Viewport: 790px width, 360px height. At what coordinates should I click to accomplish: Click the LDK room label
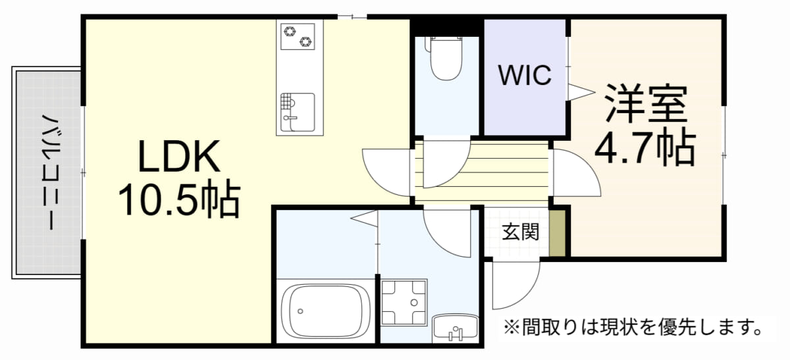coord(179,156)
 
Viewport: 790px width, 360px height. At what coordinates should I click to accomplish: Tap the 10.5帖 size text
coord(179,198)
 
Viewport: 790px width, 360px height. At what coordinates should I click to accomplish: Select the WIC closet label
coord(525,75)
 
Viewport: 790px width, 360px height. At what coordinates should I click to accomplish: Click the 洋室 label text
coord(646,103)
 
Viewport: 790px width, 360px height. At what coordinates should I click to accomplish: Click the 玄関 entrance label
coord(521,232)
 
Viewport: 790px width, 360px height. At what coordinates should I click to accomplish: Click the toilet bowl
coord(446,58)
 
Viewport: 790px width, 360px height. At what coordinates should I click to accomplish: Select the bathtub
coord(327,311)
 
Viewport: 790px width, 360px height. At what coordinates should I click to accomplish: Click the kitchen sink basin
coord(298,112)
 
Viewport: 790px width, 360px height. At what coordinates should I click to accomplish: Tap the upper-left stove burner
coord(290,31)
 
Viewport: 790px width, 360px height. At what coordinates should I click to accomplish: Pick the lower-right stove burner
coord(305,42)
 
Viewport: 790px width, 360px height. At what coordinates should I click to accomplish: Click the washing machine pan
coord(404,303)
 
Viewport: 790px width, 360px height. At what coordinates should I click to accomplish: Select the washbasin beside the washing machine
coord(456,327)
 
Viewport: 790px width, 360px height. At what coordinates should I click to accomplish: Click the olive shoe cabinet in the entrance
coord(558,234)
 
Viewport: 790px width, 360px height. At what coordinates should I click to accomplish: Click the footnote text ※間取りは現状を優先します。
coord(633,327)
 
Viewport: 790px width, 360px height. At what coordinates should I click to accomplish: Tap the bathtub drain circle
coord(300,311)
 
